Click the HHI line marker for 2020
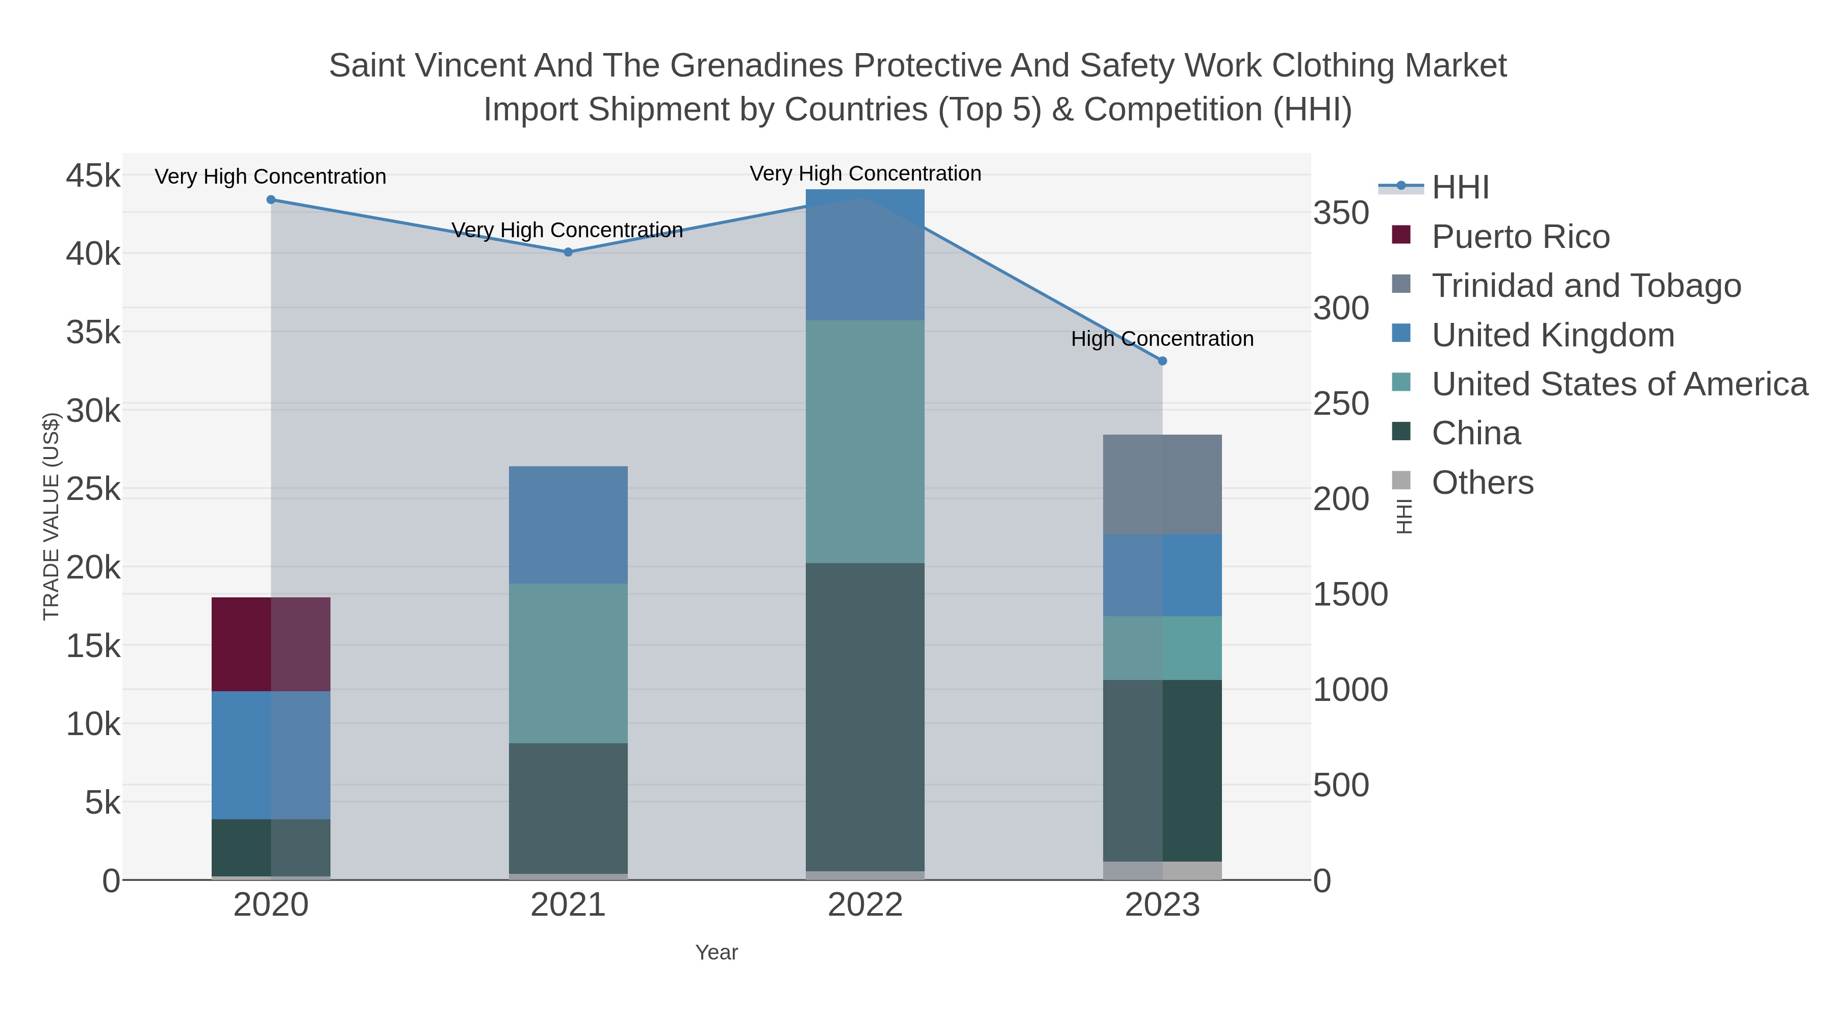coord(271,199)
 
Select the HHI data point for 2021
coord(568,251)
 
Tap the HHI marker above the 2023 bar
coord(1162,361)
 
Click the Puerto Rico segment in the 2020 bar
coord(271,644)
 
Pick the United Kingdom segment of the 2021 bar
coord(568,525)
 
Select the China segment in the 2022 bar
coord(865,717)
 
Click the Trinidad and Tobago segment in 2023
coord(1162,484)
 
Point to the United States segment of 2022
coord(865,441)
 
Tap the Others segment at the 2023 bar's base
coord(1162,870)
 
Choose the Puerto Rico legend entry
coord(1520,237)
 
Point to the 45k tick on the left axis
coord(93,175)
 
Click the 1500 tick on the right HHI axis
coord(1350,595)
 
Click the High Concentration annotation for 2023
coord(1162,339)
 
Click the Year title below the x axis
coord(717,952)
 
